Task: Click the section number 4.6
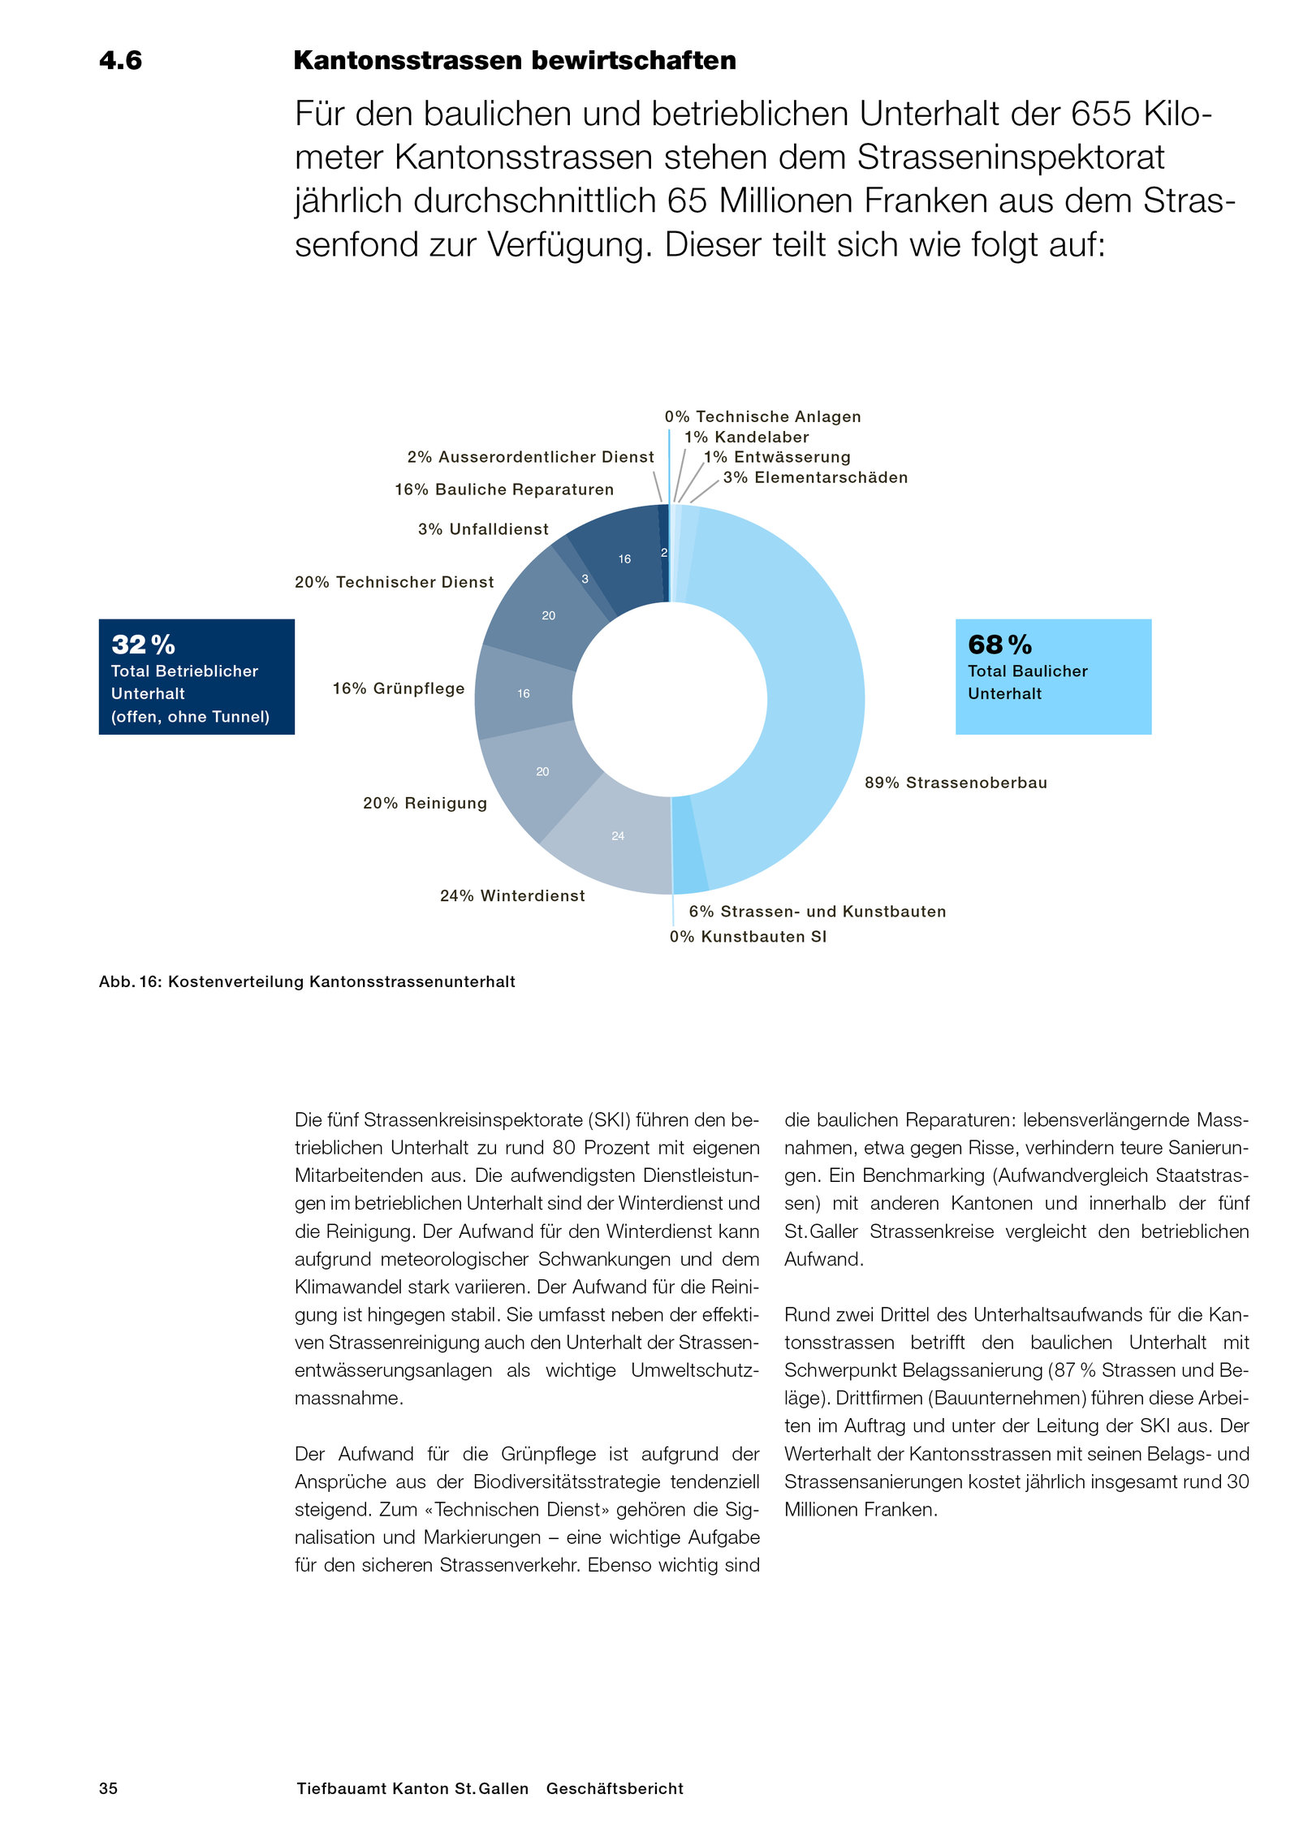pos(120,61)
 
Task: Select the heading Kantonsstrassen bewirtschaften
pos(514,61)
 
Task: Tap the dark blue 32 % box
pos(196,676)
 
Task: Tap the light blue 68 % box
pos(1052,676)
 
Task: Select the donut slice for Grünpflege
pos(524,692)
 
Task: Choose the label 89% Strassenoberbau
pos(956,783)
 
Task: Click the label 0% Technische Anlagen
pos(762,416)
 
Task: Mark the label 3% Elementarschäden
pos(815,477)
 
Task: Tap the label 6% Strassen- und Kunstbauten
pos(817,912)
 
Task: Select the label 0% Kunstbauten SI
pos(748,937)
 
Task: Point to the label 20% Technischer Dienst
pos(394,582)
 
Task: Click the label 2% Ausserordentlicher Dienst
pos(530,457)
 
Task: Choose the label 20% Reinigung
pos(425,803)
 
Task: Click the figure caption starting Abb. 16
pos(307,981)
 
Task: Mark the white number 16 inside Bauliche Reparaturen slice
pos(624,558)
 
